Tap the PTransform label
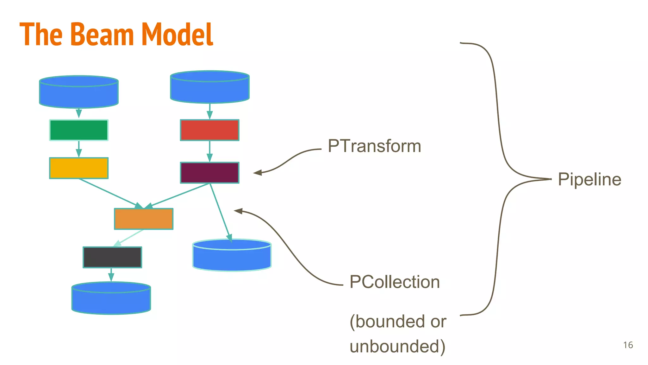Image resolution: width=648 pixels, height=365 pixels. (374, 146)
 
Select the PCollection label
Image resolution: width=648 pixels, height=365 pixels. (395, 282)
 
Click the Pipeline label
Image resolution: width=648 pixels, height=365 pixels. (589, 179)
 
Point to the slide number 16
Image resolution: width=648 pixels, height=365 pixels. (628, 345)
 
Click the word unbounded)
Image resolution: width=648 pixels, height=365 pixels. (397, 346)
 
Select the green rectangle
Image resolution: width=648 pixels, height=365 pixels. (79, 130)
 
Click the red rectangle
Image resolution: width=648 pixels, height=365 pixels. (209, 130)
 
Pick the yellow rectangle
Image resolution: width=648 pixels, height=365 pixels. (79, 168)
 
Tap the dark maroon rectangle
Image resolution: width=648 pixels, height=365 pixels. (209, 173)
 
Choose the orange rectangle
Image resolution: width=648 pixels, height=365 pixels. (144, 219)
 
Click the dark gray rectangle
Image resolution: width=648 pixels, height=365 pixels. (112, 257)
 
